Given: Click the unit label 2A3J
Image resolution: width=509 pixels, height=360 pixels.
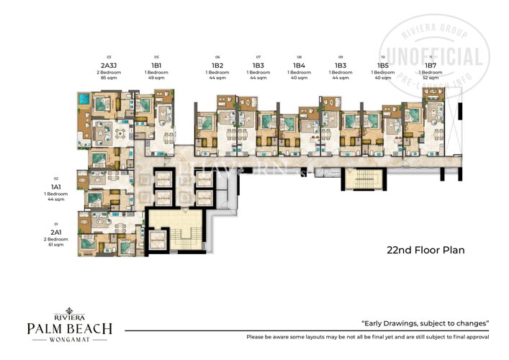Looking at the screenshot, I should tap(110, 64).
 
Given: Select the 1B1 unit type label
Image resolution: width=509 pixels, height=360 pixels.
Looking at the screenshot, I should tap(156, 64).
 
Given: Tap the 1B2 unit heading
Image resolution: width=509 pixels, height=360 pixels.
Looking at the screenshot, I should tap(217, 65).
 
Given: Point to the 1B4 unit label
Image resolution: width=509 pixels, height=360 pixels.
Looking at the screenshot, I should tap(299, 65).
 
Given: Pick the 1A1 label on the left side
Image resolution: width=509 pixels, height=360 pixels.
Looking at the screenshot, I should tap(55, 186).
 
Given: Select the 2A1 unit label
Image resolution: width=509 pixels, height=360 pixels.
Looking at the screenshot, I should tap(55, 232).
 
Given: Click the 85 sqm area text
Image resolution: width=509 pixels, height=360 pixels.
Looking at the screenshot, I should tap(110, 77).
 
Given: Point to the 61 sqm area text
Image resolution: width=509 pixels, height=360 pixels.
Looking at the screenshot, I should tap(55, 245).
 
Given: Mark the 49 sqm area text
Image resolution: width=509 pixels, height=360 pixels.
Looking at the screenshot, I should tap(156, 77).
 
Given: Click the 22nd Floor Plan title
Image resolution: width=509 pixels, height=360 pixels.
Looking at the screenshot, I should tap(425, 251).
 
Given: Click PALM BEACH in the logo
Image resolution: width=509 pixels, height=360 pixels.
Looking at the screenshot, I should tap(69, 329).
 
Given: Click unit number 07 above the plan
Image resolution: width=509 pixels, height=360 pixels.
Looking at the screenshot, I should tap(258, 56).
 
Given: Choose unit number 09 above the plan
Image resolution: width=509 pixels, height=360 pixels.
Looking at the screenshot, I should tap(341, 56).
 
